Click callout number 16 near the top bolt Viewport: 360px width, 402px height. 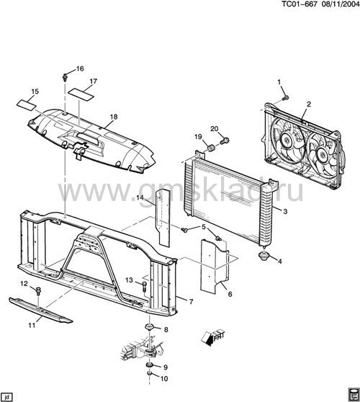[80, 68]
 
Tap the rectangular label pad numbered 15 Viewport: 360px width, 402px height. [27, 104]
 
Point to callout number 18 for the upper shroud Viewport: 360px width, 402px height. [114, 117]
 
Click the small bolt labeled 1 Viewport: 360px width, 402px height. [286, 98]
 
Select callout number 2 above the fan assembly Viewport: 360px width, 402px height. [309, 104]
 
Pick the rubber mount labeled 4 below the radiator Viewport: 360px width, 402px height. [263, 256]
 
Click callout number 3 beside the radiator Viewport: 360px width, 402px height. [285, 211]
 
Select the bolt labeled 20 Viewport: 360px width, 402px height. [225, 140]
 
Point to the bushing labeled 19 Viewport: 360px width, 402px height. [211, 148]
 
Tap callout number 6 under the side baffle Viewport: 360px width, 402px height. [230, 294]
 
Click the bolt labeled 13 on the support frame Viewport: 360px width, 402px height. [144, 286]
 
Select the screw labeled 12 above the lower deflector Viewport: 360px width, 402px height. [38, 291]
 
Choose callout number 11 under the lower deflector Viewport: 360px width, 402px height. [32, 326]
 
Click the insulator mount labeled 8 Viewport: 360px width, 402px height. [149, 327]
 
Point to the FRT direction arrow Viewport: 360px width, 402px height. [213, 338]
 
